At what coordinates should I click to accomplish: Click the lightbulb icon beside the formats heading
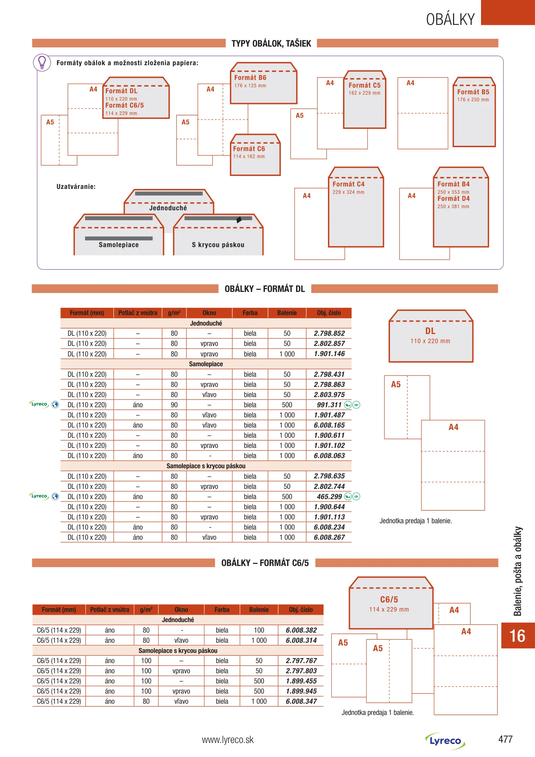pos(42,63)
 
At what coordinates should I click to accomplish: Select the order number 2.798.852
pos(329,333)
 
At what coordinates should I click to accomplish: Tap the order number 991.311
pos(329,405)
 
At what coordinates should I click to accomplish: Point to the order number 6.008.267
pos(329,537)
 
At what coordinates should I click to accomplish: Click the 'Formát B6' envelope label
pos(250,78)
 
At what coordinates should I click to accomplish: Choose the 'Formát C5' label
pos(364,86)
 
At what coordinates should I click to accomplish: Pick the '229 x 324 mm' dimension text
pos(348,192)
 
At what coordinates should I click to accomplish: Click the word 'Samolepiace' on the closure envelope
pos(119,245)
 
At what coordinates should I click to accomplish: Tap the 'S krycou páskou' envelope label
pos(218,245)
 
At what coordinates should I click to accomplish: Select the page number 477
pos(505,739)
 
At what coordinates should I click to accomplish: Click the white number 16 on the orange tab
pos(517,636)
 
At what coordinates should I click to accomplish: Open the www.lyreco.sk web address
pos(228,740)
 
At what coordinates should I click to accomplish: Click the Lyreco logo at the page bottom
pos(445,741)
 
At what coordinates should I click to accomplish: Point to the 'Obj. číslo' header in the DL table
pos(329,313)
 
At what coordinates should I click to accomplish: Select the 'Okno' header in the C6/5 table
pos(181,609)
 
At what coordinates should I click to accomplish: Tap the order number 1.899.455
pos(301,681)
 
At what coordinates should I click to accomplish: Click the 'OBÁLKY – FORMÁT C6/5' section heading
pos(265,563)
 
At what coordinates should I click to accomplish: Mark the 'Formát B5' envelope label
pos(473,92)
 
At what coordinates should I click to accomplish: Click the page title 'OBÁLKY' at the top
pos(450,19)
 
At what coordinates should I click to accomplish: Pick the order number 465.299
pos(329,497)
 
